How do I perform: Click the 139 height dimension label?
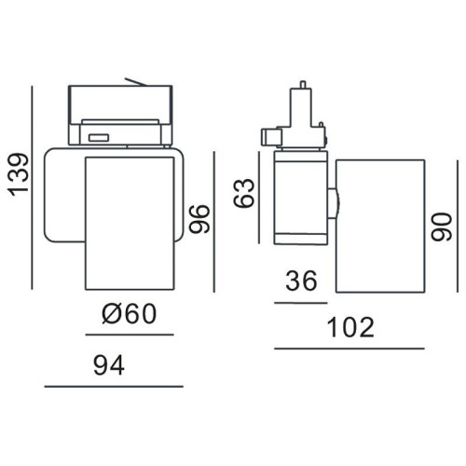(20, 174)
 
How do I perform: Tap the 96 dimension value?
(199, 219)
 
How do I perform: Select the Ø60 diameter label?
(130, 313)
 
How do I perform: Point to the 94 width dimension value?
(109, 365)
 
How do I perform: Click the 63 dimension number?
(244, 193)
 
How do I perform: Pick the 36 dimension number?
(301, 281)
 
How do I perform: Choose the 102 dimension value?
(351, 327)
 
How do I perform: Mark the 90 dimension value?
(442, 226)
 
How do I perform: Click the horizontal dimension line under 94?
(114, 387)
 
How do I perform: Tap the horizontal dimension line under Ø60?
(130, 335)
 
